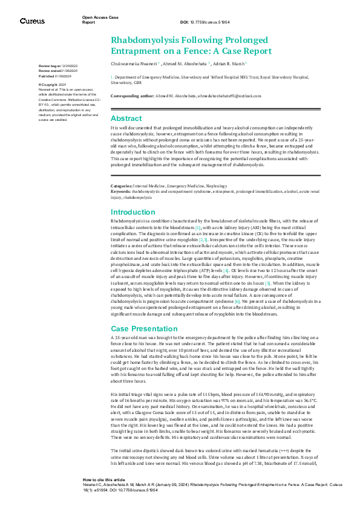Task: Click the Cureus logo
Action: click(32, 21)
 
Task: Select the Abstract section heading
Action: click(126, 118)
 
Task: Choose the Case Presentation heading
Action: click(143, 328)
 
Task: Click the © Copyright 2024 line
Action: click(54, 85)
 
